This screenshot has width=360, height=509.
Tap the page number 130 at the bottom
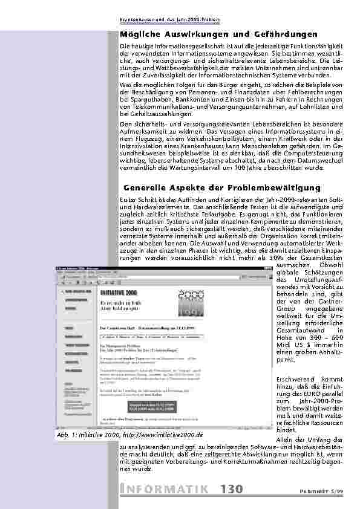point(231,489)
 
